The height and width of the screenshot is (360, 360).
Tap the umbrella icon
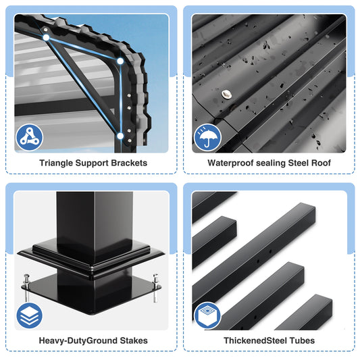point(208,138)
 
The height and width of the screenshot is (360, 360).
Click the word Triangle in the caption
point(57,163)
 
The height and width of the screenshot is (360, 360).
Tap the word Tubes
point(301,341)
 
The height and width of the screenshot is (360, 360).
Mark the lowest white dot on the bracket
point(121,136)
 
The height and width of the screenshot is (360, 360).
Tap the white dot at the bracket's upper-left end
point(46,37)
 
